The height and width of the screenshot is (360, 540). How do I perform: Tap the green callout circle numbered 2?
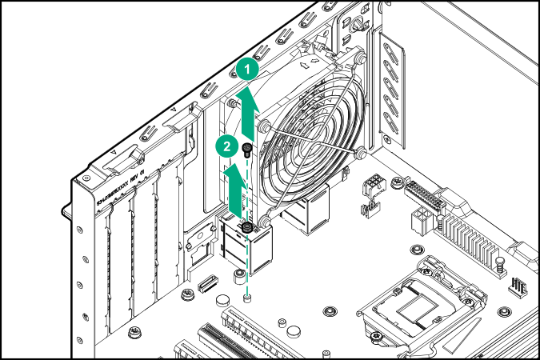228,146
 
